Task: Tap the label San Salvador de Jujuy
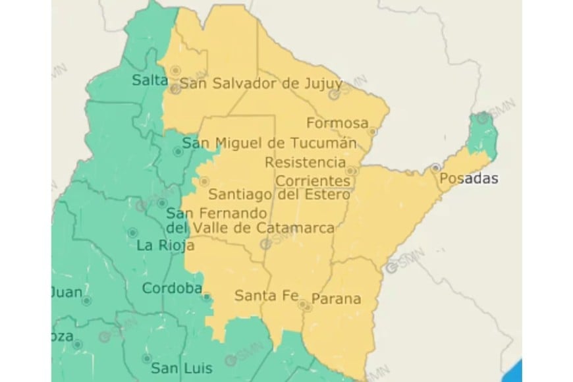coord(261,84)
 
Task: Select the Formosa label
coord(337,123)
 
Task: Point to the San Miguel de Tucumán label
coord(269,142)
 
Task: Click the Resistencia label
coord(305,161)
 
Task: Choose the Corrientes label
coord(312,180)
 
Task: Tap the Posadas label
coord(468,178)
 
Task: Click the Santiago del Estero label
coord(279,194)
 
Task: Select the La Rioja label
coord(165,246)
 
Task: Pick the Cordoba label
coord(171,288)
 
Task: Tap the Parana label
coord(336,298)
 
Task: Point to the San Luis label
coord(174,367)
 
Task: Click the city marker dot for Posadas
coord(436,168)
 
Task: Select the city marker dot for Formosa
coord(372,132)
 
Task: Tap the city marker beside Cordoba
coord(206,296)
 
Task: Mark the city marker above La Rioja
coord(133,232)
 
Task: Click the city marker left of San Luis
coord(147,359)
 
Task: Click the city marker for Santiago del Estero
coord(204,180)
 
